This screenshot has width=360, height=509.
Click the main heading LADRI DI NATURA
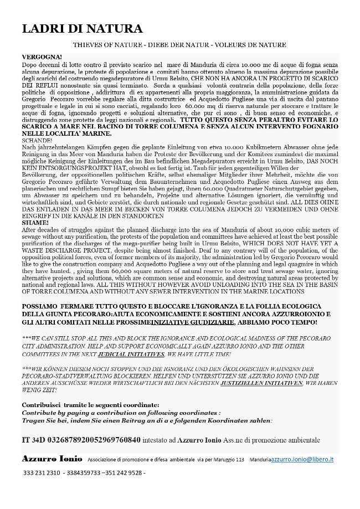(x=83, y=29)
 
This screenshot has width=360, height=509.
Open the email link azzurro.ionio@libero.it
(x=306, y=460)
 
